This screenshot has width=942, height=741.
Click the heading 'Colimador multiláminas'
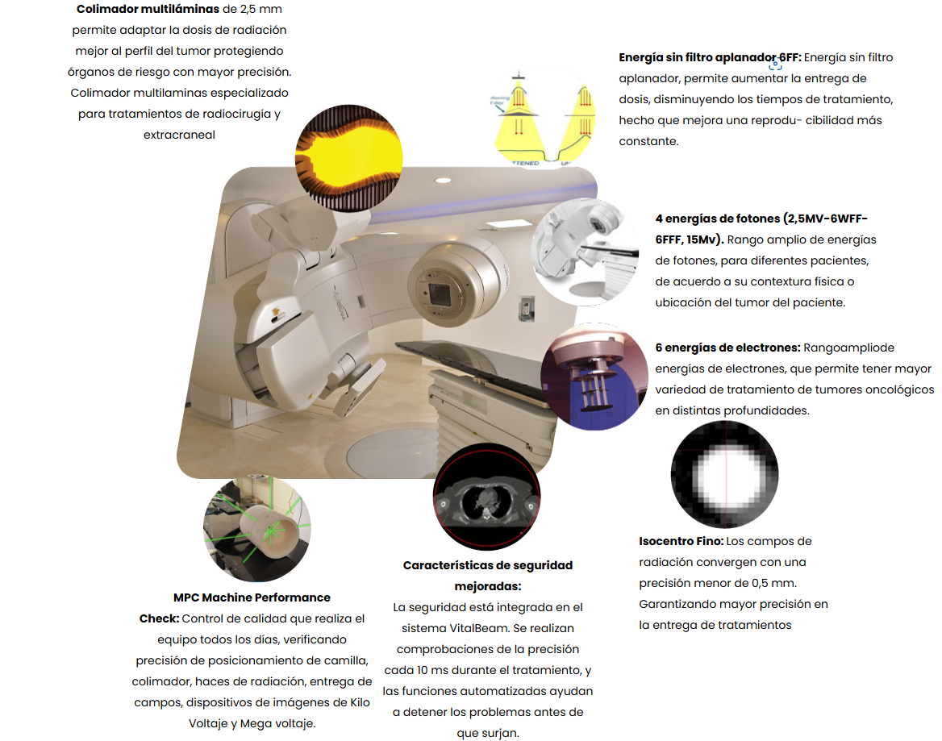tap(148, 9)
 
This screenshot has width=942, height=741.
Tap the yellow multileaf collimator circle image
tap(349, 158)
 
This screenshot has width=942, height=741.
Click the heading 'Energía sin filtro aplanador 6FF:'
tap(710, 57)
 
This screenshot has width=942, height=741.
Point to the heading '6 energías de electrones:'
tap(727, 348)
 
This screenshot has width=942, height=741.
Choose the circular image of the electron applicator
tap(594, 377)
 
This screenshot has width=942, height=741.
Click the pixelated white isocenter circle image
tap(724, 474)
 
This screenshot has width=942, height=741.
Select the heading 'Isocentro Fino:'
tap(681, 541)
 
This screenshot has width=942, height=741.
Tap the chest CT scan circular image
tap(486, 497)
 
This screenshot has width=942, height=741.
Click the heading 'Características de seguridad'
tap(488, 565)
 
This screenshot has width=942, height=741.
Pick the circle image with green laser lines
tap(257, 528)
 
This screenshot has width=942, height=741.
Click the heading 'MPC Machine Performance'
tap(252, 597)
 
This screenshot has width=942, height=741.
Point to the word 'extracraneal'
tap(179, 135)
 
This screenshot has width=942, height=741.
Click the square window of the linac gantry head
tap(441, 293)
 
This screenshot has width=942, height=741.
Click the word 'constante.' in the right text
tap(648, 141)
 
